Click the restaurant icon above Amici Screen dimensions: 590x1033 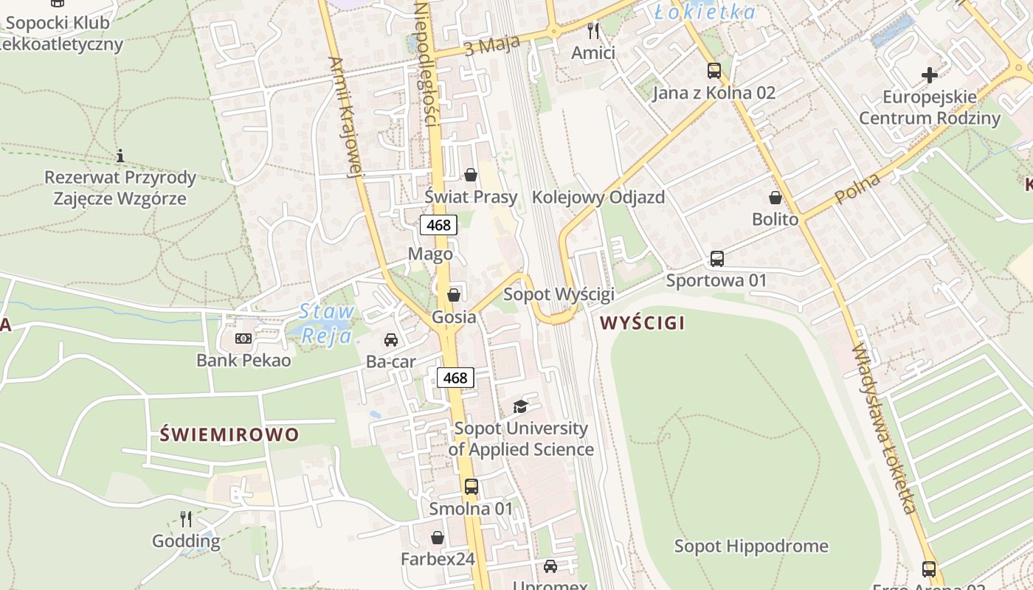tap(592, 31)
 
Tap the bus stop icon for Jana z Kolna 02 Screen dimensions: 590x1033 tap(714, 71)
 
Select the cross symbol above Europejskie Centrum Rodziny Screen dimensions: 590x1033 tap(930, 74)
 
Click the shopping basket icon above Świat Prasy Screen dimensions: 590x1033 tap(471, 175)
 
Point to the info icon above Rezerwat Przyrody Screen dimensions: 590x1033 tap(120, 156)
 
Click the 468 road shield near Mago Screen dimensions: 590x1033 tap(438, 225)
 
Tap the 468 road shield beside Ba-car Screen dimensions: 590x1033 tap(455, 378)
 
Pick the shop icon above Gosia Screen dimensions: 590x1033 tap(454, 295)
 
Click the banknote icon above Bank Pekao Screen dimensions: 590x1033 tap(243, 339)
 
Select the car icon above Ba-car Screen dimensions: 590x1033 tap(391, 340)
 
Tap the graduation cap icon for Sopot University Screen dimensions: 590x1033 tap(521, 406)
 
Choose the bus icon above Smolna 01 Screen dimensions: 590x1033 tap(471, 487)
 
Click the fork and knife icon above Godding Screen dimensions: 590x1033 tap(186, 519)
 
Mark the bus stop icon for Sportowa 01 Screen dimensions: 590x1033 tap(716, 259)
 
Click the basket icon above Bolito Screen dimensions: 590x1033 tap(775, 198)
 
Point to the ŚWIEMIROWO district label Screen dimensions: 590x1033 tap(229, 434)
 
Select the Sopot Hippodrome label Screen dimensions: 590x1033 tap(751, 546)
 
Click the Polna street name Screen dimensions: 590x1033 tap(859, 190)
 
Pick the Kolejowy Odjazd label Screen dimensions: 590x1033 tap(598, 197)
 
